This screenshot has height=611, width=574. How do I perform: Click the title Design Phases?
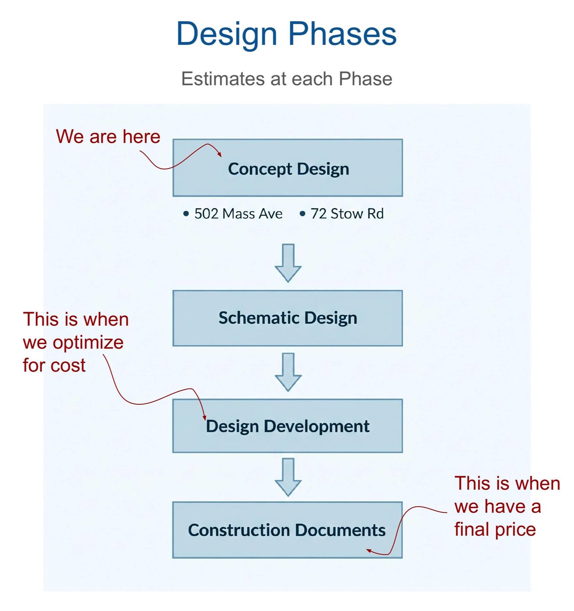(x=286, y=34)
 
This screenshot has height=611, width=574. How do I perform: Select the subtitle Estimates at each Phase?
(x=286, y=79)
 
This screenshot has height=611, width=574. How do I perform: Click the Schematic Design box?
(x=288, y=318)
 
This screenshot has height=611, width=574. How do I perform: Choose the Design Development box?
(x=288, y=426)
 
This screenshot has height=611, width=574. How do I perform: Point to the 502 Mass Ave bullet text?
(x=238, y=214)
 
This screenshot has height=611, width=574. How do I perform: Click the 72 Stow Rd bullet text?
(x=347, y=214)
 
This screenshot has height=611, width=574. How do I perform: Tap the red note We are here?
(x=108, y=137)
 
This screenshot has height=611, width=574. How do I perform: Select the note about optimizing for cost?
(x=75, y=342)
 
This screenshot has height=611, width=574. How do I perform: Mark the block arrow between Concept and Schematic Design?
(x=288, y=263)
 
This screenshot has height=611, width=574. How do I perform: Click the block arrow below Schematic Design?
(x=288, y=372)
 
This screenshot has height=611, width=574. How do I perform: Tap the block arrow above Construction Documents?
(x=288, y=477)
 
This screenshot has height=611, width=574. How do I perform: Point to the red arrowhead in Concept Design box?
(x=220, y=154)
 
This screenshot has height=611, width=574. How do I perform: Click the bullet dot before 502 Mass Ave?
(x=186, y=214)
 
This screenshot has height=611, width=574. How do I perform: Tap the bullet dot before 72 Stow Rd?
(x=302, y=214)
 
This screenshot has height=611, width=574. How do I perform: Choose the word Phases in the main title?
(x=342, y=34)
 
